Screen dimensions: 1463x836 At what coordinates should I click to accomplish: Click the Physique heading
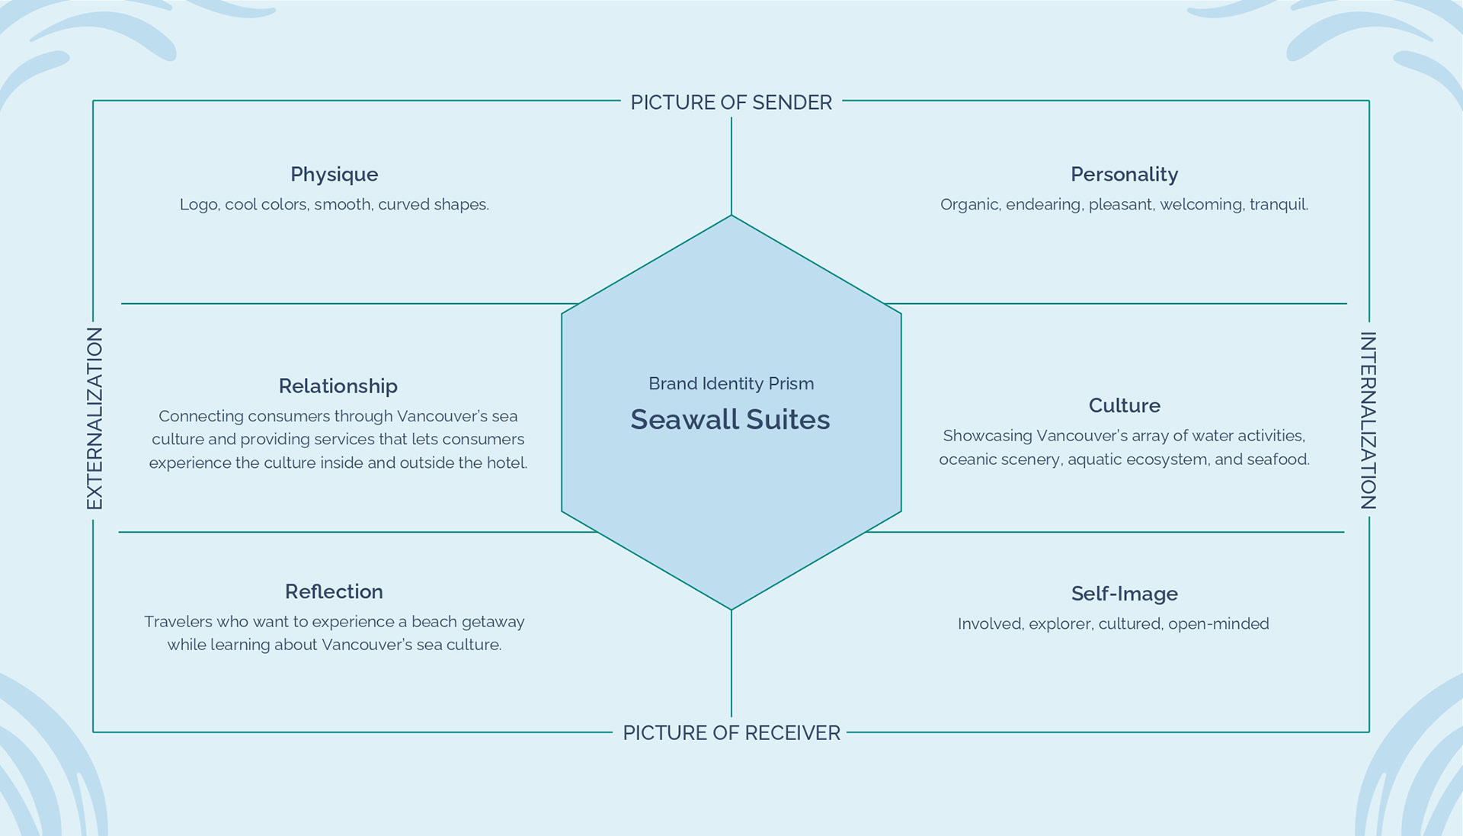(334, 175)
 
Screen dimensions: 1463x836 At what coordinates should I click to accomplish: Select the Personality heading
(1124, 175)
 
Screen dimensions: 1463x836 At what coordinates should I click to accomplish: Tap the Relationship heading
(338, 386)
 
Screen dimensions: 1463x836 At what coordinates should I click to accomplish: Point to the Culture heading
(1124, 405)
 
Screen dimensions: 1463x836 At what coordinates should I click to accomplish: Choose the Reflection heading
(334, 592)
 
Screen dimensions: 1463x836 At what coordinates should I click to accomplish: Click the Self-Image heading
(1124, 594)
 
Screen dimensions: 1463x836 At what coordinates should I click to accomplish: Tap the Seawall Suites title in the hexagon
(730, 420)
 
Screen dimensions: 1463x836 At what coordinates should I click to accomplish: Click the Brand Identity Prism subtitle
(731, 384)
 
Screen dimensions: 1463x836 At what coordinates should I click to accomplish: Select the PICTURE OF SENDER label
(731, 103)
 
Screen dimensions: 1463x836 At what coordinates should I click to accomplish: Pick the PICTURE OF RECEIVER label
(731, 733)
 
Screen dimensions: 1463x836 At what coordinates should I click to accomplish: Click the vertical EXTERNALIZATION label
(94, 418)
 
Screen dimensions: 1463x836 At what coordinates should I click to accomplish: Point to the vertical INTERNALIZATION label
(1368, 421)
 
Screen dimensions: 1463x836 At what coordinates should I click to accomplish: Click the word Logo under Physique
(198, 205)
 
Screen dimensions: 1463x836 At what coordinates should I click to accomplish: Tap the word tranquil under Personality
(1279, 205)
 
